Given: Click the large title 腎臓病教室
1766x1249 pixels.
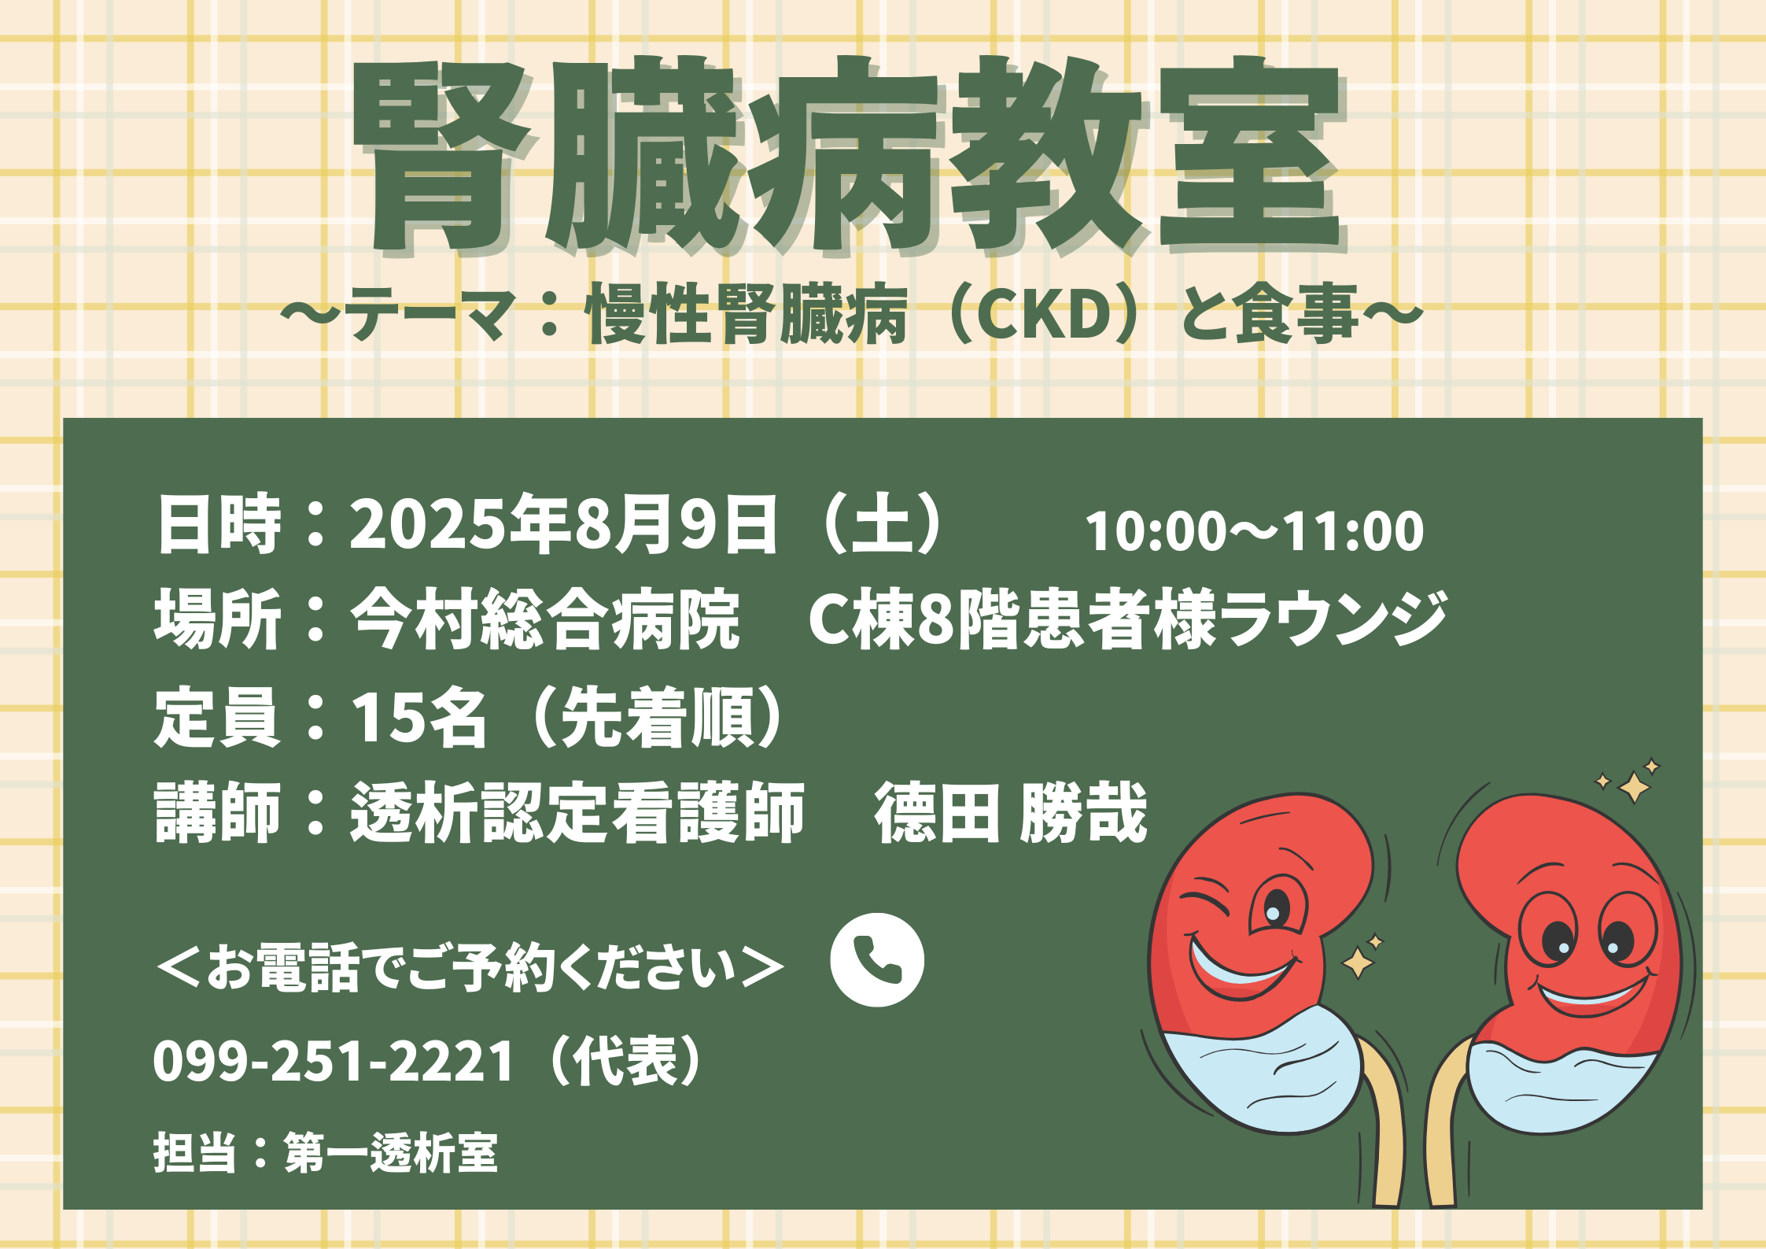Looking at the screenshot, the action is tap(848, 155).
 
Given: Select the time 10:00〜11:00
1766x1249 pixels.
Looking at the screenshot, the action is tap(1254, 530).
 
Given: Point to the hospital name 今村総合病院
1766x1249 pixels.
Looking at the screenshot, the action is tap(545, 619).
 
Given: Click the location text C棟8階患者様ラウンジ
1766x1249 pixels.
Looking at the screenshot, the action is tap(1128, 619).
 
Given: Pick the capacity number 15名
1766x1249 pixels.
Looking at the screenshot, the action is tap(418, 717).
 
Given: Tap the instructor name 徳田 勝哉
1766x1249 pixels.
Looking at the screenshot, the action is tap(1011, 813).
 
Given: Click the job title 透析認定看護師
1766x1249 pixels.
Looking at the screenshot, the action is tap(577, 813).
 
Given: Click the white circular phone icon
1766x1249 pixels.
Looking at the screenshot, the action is tap(877, 959).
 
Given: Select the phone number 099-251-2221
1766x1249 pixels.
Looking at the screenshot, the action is tap(334, 1061).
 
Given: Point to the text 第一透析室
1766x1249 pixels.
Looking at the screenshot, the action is tap(391, 1153).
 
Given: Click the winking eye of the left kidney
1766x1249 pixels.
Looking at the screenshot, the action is tap(1204, 904).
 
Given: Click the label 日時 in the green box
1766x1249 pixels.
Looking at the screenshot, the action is tap(218, 524).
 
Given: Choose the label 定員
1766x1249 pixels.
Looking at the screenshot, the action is tap(217, 717).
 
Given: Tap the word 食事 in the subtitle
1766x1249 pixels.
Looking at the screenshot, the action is tap(1296, 314).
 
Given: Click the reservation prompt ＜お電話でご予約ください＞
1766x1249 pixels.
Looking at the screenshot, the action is tap(470, 966).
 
